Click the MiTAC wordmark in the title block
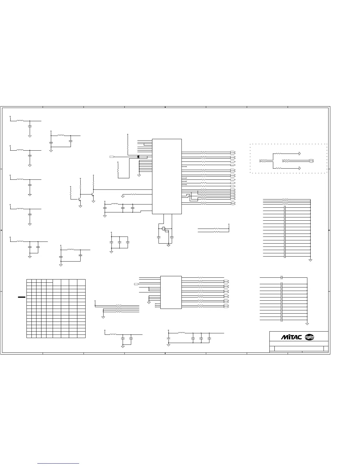coord(291,337)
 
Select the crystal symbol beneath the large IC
coord(164,229)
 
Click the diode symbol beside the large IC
coord(138,157)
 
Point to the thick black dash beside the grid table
coord(21,297)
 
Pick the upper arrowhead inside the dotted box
coord(300,154)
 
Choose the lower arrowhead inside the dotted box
coord(300,168)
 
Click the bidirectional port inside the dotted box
coord(311,161)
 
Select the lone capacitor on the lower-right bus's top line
coord(282,277)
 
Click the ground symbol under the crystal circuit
coord(169,245)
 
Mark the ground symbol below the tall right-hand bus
coord(310,260)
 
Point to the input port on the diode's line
coord(112,157)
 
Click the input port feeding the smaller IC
coord(136,284)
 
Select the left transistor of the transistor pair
coord(80,199)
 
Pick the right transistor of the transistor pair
coord(93,195)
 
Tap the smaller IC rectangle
coord(171,292)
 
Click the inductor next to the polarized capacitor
coord(181,333)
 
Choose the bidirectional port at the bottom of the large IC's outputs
coord(233,203)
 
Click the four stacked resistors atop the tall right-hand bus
coord(285,202)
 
